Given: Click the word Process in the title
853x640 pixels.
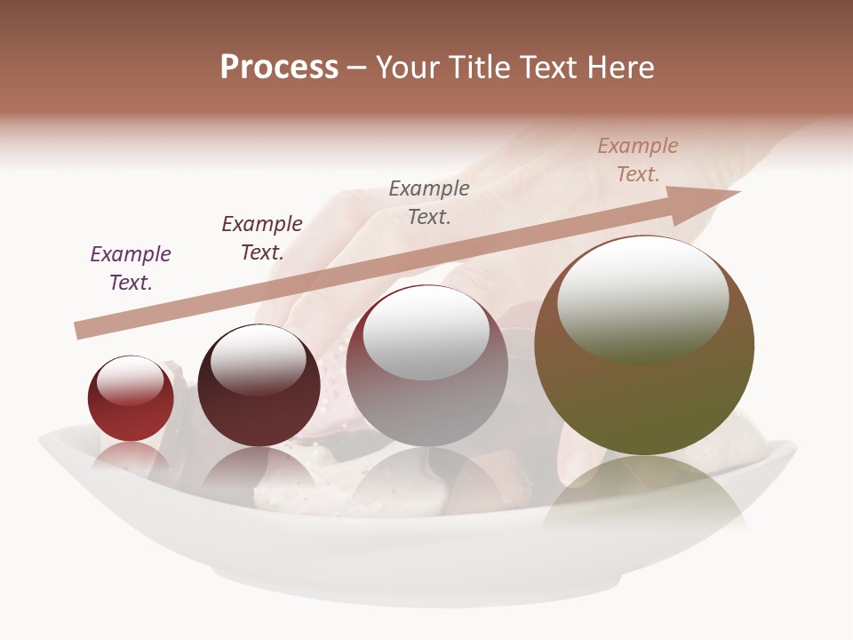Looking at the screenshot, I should [x=279, y=68].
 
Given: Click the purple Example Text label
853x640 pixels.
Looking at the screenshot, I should [x=131, y=268].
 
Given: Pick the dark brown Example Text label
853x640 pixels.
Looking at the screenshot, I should [x=262, y=238].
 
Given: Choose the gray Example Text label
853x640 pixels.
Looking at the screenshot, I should [x=429, y=202].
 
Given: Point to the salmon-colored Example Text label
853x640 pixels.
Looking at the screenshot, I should [x=638, y=160].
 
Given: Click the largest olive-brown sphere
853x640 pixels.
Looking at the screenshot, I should [x=644, y=400].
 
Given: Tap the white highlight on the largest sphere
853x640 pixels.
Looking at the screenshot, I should [x=642, y=298].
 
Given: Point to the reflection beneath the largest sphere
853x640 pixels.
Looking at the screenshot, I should [x=644, y=498].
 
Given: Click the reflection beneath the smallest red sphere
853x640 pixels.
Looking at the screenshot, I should [x=131, y=458].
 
